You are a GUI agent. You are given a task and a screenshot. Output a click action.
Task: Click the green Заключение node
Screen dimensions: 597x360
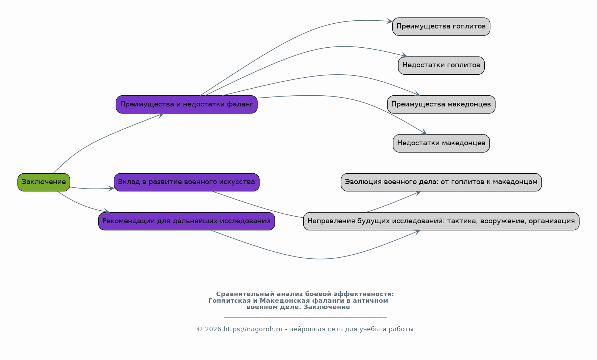[x=44, y=182]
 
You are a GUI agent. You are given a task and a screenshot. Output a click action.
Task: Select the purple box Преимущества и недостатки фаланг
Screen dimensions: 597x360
[x=187, y=104]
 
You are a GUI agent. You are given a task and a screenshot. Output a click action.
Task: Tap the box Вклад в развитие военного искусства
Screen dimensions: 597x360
[x=187, y=182]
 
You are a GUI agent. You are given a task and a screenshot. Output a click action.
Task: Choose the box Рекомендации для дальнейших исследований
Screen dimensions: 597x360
[x=187, y=221]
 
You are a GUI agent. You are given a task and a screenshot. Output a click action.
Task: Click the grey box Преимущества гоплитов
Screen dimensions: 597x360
[x=441, y=26]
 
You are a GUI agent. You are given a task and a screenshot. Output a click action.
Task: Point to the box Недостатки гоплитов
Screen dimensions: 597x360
[x=441, y=65]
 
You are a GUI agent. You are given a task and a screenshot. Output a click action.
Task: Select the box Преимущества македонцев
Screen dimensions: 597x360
[x=441, y=104]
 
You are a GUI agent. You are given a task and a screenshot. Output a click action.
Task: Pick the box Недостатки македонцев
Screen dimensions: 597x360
[x=441, y=143]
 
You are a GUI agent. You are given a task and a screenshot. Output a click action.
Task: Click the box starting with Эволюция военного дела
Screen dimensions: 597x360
[x=441, y=182]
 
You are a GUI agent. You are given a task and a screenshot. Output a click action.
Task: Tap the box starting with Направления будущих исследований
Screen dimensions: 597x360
[x=441, y=221]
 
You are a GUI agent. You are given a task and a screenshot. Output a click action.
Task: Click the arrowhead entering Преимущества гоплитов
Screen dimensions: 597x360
[x=390, y=21]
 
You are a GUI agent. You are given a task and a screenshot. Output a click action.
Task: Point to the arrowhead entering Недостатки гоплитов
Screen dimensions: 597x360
[x=405, y=55]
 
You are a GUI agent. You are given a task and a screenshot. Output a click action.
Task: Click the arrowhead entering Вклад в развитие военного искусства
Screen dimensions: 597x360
[x=111, y=188]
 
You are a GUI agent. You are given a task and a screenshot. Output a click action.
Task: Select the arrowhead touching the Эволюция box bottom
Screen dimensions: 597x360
[x=417, y=193]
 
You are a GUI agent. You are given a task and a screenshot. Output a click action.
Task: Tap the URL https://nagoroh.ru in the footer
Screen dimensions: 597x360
[x=253, y=329]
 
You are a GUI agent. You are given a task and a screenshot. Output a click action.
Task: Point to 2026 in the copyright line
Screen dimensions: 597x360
[x=213, y=329]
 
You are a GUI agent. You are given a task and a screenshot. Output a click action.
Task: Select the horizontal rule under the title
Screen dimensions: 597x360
[x=305, y=317]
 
